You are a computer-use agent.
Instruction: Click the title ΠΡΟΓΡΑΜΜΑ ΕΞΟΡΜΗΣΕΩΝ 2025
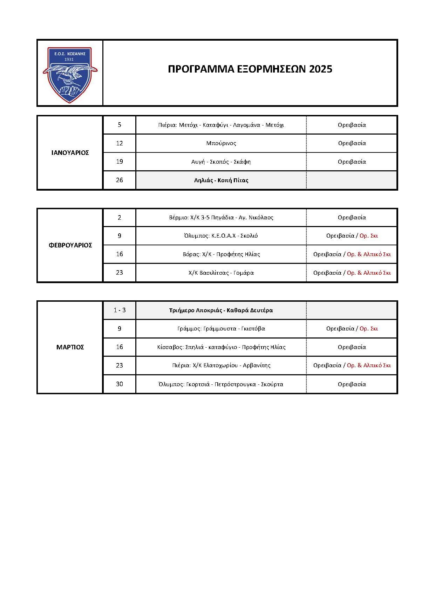point(250,69)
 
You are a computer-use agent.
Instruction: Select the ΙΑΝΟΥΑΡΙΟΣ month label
point(70,153)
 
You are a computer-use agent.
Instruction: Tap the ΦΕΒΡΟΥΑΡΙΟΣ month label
point(70,245)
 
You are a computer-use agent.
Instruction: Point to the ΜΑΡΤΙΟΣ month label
point(70,347)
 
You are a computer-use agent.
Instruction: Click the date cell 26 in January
point(119,180)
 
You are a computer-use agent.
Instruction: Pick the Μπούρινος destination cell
point(221,143)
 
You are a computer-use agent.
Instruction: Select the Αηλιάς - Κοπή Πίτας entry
point(221,180)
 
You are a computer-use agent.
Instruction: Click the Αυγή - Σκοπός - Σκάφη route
point(221,162)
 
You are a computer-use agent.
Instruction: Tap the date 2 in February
point(119,218)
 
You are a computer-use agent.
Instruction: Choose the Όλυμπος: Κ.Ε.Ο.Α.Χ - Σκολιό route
point(221,236)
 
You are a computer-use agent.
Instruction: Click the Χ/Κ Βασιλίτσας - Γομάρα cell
point(221,273)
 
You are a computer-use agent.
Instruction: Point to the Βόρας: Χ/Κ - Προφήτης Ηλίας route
point(221,254)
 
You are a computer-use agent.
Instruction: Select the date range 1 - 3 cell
point(119,310)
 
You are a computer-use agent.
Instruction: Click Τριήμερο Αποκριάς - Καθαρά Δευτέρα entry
point(221,310)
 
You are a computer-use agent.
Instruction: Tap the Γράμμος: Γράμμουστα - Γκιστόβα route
point(221,329)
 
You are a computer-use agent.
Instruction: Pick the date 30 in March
point(119,384)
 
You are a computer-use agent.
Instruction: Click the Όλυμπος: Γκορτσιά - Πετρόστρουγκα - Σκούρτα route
point(221,384)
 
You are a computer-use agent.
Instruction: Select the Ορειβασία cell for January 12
point(352,143)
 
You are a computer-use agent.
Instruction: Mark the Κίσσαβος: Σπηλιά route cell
point(221,347)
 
